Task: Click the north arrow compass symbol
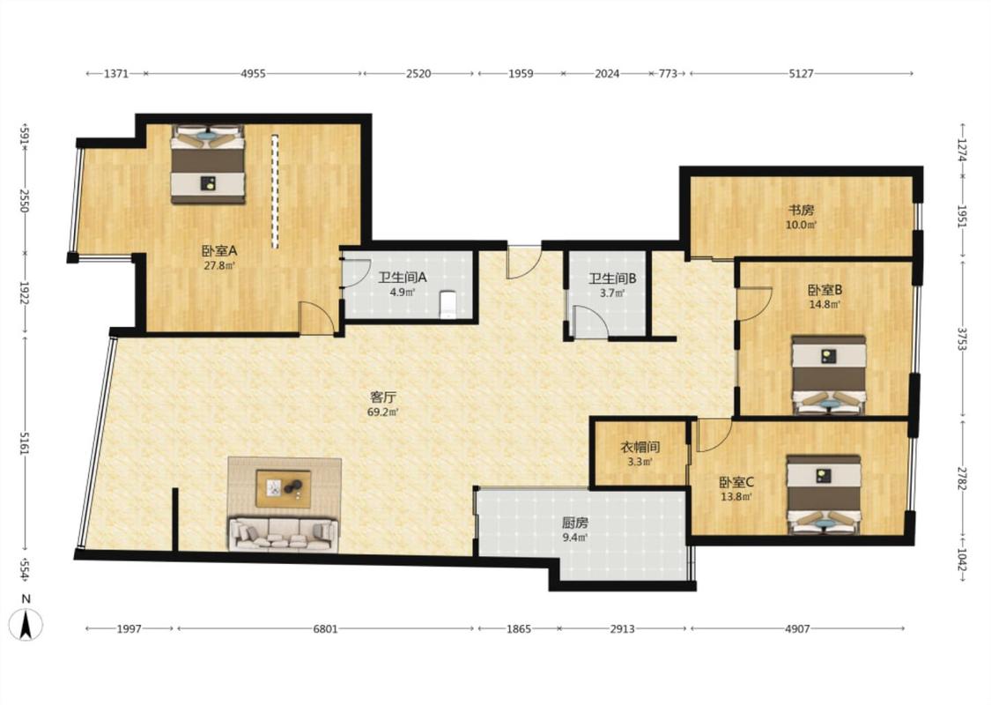26,624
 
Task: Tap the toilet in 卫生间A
448,304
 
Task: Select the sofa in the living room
283,534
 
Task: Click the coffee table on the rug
283,488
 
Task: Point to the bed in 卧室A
207,165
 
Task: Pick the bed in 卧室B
829,375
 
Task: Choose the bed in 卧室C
824,494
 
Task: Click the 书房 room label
801,210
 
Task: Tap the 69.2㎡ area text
383,412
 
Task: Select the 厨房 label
575,523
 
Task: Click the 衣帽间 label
640,447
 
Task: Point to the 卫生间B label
612,278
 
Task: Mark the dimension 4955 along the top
253,73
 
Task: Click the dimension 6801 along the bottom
325,628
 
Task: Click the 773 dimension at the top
668,73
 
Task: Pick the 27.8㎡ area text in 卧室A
219,265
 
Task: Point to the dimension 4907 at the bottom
797,628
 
